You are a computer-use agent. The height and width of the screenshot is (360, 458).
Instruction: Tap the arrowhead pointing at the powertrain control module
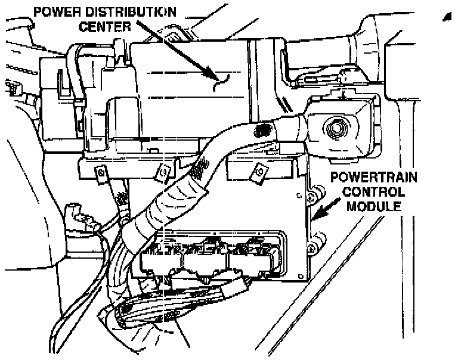[x=317, y=215]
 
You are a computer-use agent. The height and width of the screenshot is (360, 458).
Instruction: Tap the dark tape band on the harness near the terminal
[x=260, y=129]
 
